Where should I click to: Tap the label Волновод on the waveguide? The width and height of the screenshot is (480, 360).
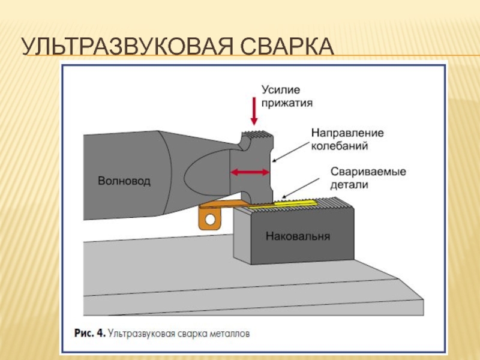click(124, 181)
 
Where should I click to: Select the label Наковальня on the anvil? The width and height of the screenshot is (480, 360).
click(298, 236)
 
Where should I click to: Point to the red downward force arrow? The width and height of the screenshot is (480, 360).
click(254, 111)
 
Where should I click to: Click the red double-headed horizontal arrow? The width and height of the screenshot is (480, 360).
click(250, 172)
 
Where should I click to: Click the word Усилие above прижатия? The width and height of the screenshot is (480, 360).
click(281, 90)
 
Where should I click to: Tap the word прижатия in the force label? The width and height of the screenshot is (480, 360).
click(287, 103)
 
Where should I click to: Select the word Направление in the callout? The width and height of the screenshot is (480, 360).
click(347, 133)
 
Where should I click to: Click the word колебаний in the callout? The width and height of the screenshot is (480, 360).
click(340, 146)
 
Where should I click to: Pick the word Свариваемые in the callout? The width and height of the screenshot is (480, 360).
click(368, 172)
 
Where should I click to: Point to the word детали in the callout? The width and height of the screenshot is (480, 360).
click(349, 185)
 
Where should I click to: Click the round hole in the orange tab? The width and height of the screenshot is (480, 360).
click(210, 219)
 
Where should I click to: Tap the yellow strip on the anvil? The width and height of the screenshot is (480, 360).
click(283, 204)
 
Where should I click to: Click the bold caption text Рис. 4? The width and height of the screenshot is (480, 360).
click(90, 333)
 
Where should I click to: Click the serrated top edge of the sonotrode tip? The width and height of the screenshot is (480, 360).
click(257, 133)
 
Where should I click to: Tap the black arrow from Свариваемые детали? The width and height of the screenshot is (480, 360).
click(301, 188)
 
